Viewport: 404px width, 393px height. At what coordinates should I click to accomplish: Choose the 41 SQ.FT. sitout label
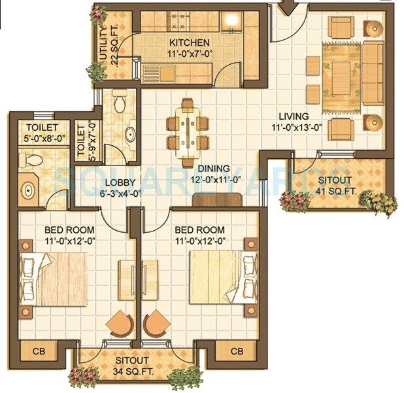tap(334, 185)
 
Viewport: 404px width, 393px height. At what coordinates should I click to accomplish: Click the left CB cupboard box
tap(35, 351)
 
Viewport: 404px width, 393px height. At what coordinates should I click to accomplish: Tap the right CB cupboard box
tap(237, 351)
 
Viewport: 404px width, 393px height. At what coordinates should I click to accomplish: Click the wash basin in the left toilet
tap(29, 190)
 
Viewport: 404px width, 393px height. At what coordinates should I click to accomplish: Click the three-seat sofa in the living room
tap(373, 73)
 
